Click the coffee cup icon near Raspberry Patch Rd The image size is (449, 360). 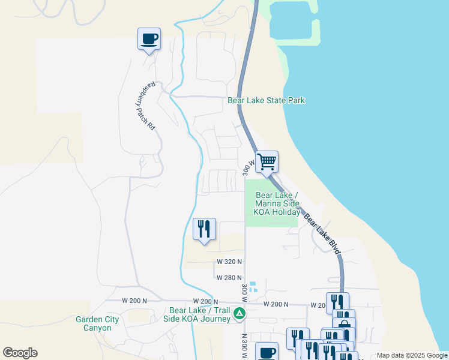pos(149,40)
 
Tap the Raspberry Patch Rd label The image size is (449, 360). pos(145,106)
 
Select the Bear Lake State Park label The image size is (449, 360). pos(267,100)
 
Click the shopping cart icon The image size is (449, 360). pos(267,161)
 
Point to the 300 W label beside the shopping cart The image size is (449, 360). pos(246,167)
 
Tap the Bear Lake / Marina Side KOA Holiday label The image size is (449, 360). pos(277,203)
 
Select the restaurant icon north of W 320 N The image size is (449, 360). pos(204,229)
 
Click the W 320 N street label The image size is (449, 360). pos(229,262)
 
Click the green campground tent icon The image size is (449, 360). pos(239,313)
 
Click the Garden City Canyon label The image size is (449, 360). pos(93,323)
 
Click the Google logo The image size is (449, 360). pos(20,353)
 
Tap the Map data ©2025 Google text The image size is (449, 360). pos(412,355)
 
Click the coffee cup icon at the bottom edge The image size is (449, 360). pos(267,352)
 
